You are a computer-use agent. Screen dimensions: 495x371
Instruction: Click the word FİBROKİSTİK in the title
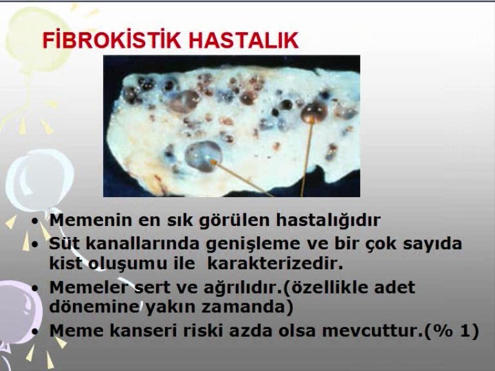(112, 41)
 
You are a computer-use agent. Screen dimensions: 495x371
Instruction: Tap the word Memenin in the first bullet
(91, 220)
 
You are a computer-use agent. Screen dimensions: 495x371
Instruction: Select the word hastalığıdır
(328, 220)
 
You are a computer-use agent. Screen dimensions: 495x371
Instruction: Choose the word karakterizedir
(275, 263)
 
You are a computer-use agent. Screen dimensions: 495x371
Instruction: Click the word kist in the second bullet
(66, 263)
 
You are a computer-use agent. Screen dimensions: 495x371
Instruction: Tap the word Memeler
(89, 287)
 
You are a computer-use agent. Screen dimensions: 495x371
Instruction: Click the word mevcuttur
(372, 330)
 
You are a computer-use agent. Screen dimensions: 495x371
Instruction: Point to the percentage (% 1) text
(452, 331)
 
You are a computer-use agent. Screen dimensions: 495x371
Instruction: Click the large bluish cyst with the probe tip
(203, 156)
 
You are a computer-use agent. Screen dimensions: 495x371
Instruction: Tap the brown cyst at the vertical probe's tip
(314, 112)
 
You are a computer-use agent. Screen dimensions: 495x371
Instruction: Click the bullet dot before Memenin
(35, 221)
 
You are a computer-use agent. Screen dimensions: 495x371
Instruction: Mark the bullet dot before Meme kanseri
(35, 331)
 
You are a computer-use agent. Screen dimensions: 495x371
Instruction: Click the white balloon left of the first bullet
(39, 180)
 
